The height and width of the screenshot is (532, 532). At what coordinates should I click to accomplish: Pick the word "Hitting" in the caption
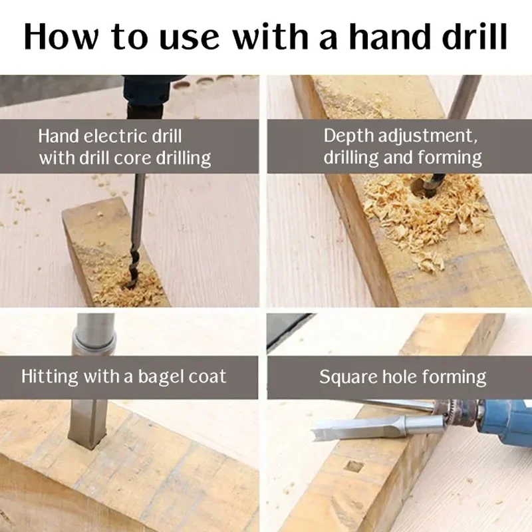tap(49, 376)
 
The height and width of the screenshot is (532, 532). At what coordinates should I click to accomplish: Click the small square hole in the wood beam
tap(354, 467)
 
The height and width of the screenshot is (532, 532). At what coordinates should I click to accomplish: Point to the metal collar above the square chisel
tap(94, 343)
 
